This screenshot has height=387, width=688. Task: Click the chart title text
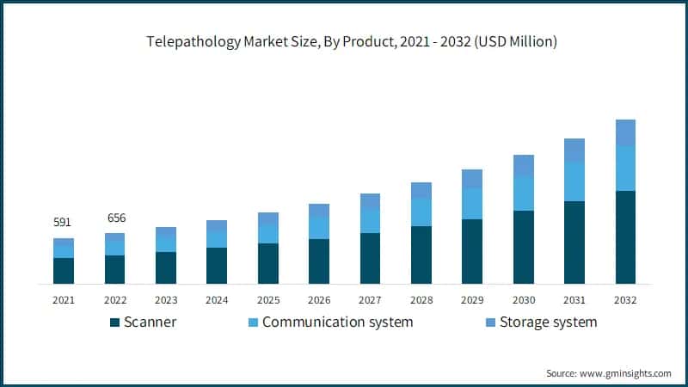tap(343, 42)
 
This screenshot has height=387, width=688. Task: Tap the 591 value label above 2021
tap(63, 223)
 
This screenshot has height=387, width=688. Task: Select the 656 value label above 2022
tap(114, 218)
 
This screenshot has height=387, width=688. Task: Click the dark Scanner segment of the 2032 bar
tap(625, 237)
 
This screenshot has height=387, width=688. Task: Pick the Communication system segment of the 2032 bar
tap(625, 169)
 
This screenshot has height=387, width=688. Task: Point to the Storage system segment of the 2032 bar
tap(625, 132)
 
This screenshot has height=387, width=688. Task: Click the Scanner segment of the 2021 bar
tap(63, 271)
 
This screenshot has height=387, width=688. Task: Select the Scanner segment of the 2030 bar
tap(523, 247)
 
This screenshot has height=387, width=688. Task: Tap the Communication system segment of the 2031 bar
tap(574, 181)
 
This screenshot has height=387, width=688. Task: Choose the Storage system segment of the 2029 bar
tap(472, 179)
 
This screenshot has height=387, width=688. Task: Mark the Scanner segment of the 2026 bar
tap(319, 261)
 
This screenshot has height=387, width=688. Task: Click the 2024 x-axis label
tap(217, 300)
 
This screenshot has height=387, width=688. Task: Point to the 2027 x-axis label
tap(370, 300)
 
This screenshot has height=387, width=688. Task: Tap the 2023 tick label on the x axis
tap(165, 300)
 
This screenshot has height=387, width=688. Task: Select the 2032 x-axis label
tap(625, 300)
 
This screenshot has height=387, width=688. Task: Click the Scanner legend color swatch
tap(114, 322)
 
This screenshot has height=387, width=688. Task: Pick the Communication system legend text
tap(337, 322)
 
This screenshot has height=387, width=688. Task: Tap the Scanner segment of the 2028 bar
tap(421, 255)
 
